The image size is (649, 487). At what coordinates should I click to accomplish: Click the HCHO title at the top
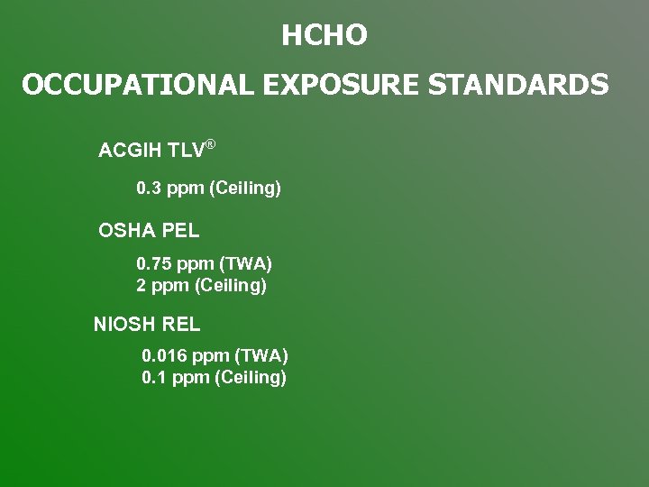coord(324,36)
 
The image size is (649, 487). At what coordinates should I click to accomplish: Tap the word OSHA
coord(126,231)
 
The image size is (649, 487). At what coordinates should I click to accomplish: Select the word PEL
coord(180,231)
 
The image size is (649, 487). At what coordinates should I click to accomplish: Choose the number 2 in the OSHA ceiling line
coord(142,286)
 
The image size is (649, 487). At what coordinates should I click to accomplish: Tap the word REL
coord(181,324)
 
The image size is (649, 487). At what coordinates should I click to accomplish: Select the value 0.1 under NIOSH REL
coord(154,378)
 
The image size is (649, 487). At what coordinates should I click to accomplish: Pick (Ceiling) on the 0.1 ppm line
coord(250,378)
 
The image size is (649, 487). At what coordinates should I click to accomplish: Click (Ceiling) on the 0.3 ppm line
coord(244,189)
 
